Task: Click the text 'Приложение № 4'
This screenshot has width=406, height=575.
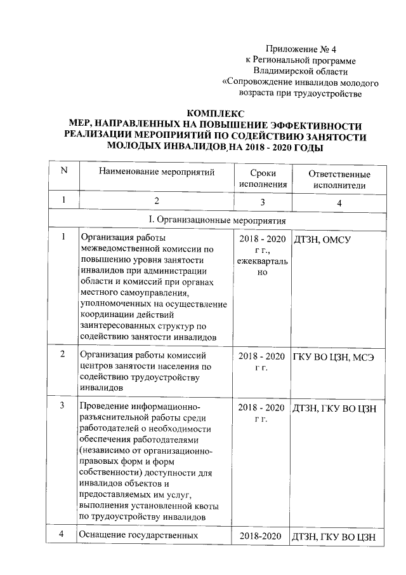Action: (x=299, y=48)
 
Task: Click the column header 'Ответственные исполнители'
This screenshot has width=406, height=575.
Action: (x=339, y=179)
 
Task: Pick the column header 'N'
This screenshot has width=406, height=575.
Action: (x=63, y=172)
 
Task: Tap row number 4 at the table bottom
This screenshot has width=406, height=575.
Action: (x=63, y=535)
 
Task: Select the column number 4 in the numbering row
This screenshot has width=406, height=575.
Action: (x=339, y=202)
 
